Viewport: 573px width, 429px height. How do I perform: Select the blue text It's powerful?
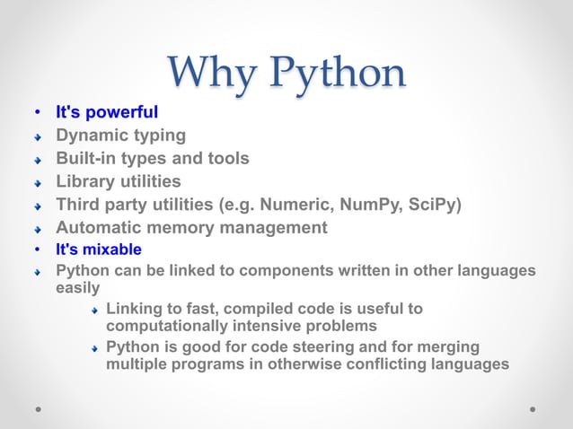pos(107,113)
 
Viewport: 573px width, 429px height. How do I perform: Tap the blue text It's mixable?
pos(99,250)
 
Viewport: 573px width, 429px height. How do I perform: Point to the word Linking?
pos(136,309)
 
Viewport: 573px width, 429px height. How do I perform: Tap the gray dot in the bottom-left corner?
pos(40,407)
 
